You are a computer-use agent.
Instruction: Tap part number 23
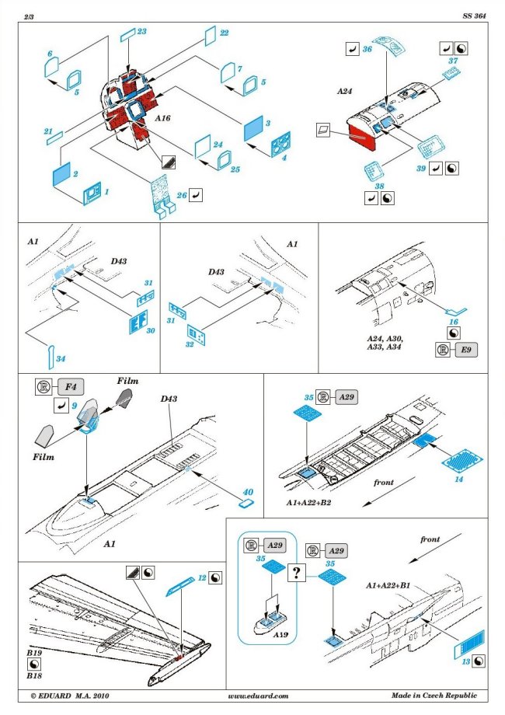tap(141, 31)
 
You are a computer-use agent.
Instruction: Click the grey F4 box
tap(70, 385)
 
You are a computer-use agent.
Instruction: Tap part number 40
tap(248, 492)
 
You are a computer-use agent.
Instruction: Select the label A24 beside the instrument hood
tap(345, 91)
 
